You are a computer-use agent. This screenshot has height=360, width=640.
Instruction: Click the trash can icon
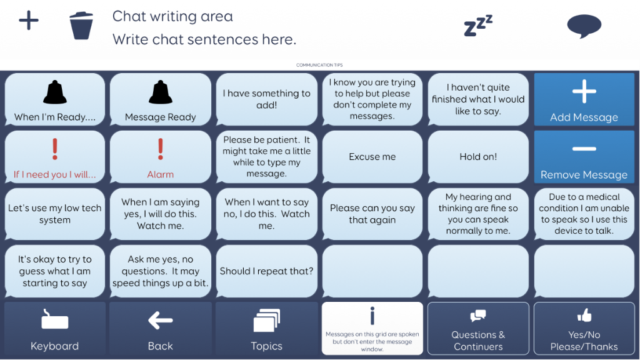coord(81,25)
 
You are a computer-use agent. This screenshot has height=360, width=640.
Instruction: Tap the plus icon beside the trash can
coord(29,21)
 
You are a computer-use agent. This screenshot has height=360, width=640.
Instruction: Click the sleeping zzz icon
coord(478,25)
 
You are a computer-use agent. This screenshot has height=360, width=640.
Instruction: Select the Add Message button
coord(584,99)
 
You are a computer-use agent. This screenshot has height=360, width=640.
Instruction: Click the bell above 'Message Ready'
coord(161,92)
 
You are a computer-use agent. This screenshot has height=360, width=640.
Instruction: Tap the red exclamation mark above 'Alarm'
coord(161,149)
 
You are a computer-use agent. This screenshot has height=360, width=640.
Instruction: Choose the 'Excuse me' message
coord(372,157)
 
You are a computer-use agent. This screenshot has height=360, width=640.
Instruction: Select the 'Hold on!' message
coord(478,157)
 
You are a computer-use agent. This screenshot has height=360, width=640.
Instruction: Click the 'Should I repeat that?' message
coord(266,271)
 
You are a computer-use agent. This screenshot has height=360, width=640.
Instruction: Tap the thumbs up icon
coord(584,315)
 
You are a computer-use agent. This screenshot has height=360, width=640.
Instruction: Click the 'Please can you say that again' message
coord(372,214)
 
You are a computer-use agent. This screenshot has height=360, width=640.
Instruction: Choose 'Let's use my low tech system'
coord(55,214)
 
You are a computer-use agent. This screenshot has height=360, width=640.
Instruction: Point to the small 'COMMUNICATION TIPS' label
coord(319,65)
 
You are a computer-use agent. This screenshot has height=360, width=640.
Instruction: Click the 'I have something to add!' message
coord(266,99)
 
